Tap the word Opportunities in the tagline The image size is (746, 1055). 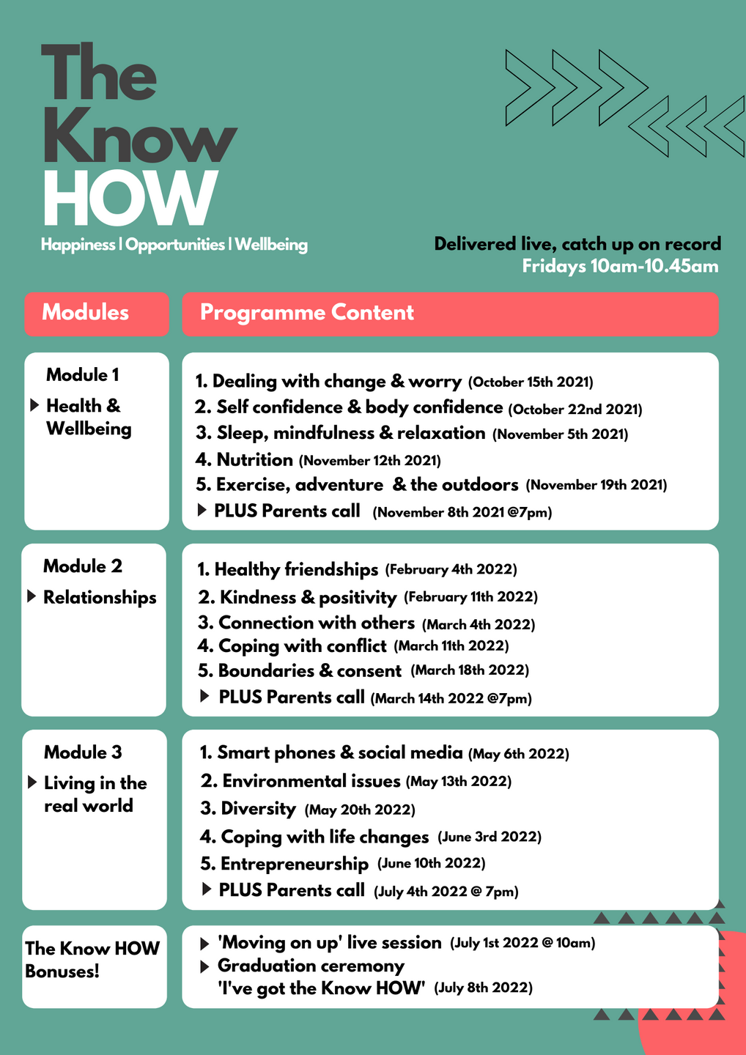(x=174, y=245)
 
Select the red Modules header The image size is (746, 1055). (x=96, y=314)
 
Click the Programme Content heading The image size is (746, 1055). (x=306, y=313)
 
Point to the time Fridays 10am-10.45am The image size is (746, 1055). (x=620, y=266)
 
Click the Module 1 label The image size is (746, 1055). (x=82, y=375)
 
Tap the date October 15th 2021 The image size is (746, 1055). (x=531, y=382)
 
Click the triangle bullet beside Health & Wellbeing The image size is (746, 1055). (x=34, y=405)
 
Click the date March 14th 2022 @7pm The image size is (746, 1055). (x=451, y=699)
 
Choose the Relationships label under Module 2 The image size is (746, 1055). (x=100, y=598)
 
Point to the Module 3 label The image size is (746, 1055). (x=83, y=752)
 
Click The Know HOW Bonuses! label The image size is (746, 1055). (x=92, y=960)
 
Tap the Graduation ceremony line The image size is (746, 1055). (x=311, y=966)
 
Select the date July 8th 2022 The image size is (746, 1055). (x=484, y=988)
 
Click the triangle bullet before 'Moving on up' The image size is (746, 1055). (x=204, y=944)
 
